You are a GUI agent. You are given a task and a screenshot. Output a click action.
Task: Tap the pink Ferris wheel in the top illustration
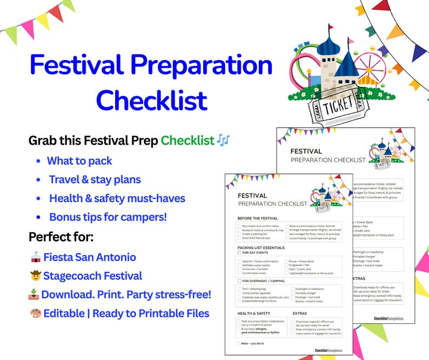tap(372, 59)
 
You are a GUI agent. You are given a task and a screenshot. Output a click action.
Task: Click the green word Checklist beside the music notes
tap(187, 141)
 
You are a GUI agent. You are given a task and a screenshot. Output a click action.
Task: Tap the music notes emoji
tap(223, 141)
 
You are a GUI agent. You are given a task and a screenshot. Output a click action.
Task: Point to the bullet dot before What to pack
tap(38, 161)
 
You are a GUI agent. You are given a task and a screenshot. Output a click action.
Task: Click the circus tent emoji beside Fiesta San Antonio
tap(35, 257)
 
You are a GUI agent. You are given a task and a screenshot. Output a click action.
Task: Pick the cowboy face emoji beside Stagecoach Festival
tap(35, 276)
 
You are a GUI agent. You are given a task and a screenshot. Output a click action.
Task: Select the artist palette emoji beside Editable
tap(35, 314)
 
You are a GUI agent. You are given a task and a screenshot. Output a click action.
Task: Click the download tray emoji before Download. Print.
tap(34, 295)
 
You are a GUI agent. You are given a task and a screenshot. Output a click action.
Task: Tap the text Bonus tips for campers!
tap(108, 217)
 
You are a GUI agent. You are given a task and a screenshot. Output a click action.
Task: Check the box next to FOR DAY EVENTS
tap(239, 252)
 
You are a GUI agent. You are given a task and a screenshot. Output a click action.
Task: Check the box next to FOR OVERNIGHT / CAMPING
tap(239, 281)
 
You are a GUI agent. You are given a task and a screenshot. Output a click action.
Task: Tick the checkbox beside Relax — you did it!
tap(239, 343)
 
